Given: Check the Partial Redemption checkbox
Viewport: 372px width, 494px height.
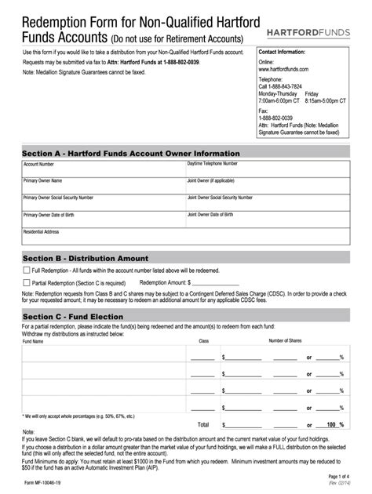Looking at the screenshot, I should (x=26, y=282).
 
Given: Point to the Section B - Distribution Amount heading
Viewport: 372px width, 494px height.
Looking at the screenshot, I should (x=85, y=258).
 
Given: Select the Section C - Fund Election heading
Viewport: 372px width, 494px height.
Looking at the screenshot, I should (x=73, y=317).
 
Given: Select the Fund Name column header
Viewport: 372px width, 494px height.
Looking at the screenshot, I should (x=34, y=341).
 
